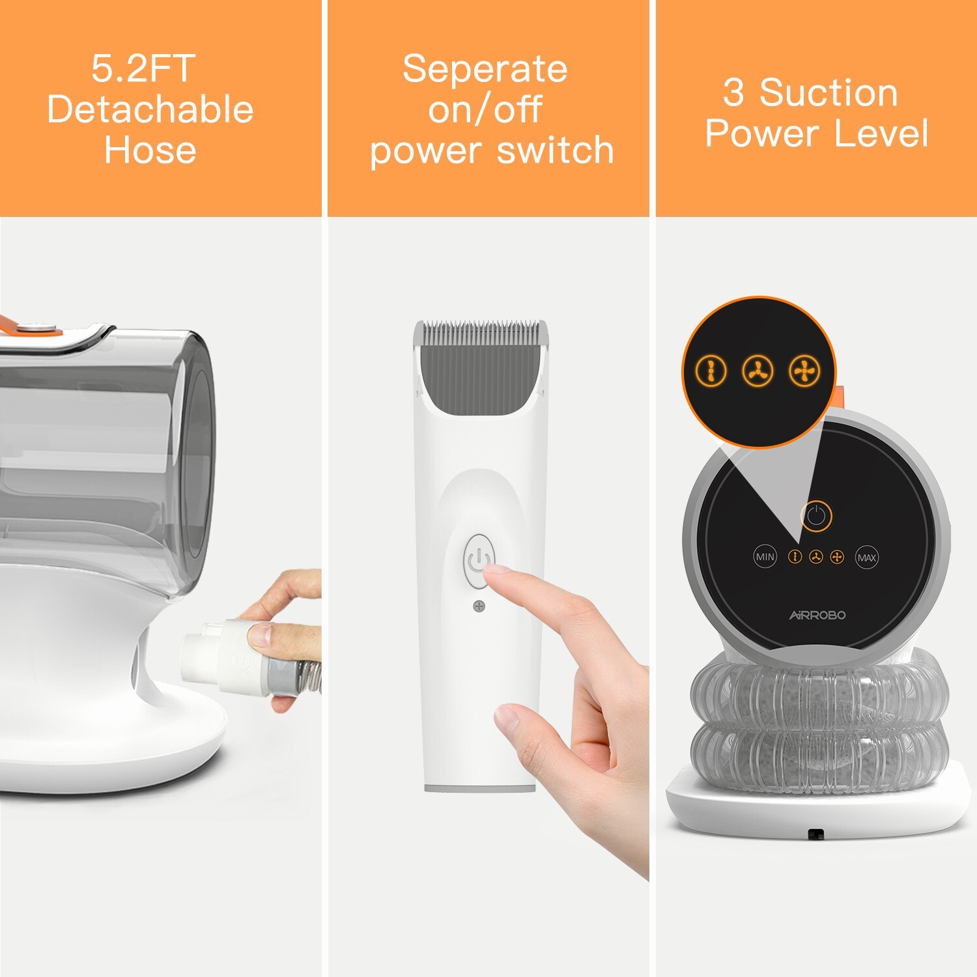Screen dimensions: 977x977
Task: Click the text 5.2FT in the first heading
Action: pyautogui.click(x=143, y=68)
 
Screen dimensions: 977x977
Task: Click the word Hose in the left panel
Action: pyautogui.click(x=150, y=150)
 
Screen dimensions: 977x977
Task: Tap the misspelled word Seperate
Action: pyautogui.click(x=485, y=69)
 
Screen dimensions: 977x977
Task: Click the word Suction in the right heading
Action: pyautogui.click(x=828, y=92)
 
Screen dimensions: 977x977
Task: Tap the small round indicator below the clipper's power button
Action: pyautogui.click(x=479, y=606)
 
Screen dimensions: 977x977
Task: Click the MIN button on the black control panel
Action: pyautogui.click(x=765, y=557)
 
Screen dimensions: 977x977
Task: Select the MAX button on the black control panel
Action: pyautogui.click(x=866, y=558)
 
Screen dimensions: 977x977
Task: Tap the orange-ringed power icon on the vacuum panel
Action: pyautogui.click(x=816, y=516)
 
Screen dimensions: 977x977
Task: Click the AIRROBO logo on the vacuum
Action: pyautogui.click(x=817, y=615)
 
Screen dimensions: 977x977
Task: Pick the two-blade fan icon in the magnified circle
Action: pyautogui.click(x=711, y=371)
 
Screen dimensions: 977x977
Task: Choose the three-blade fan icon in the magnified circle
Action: pyautogui.click(x=758, y=371)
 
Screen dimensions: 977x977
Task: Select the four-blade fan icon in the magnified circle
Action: pyautogui.click(x=804, y=371)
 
